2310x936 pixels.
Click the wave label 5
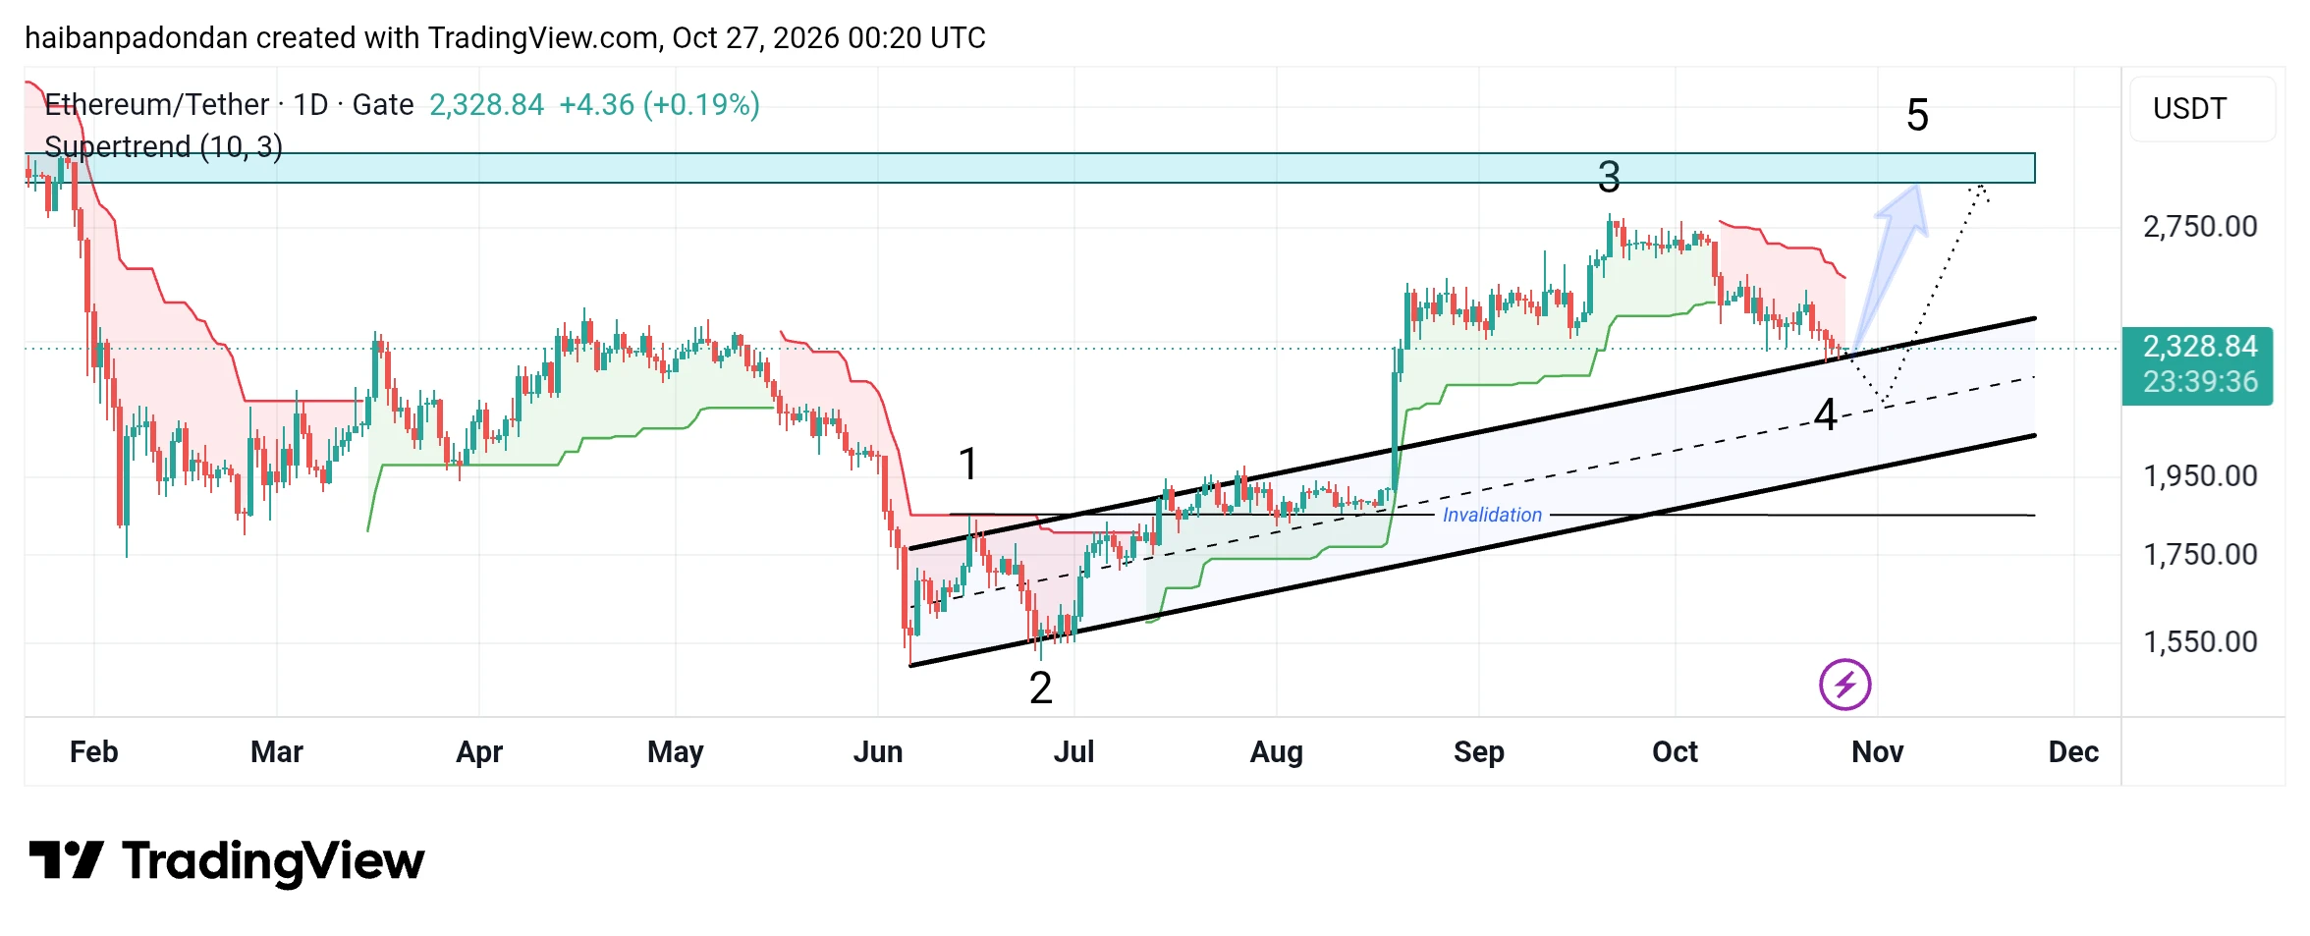click(x=1917, y=116)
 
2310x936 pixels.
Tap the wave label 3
click(x=1609, y=178)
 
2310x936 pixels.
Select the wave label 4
click(x=1826, y=415)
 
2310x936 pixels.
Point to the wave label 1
click(x=968, y=464)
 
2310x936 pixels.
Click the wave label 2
click(x=1041, y=688)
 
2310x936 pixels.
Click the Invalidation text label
click(x=1492, y=515)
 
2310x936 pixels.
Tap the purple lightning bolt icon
click(x=1844, y=685)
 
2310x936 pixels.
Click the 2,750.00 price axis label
click(x=2200, y=227)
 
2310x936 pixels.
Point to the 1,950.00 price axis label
click(x=2200, y=476)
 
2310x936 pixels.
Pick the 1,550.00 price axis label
click(x=2200, y=642)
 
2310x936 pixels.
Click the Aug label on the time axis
click(x=1277, y=752)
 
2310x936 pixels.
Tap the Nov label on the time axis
click(x=1878, y=752)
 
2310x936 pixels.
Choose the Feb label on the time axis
click(x=94, y=752)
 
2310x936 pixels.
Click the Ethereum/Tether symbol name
click(x=157, y=105)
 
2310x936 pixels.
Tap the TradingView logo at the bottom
click(x=227, y=862)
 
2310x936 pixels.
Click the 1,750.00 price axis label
click(x=2200, y=555)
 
